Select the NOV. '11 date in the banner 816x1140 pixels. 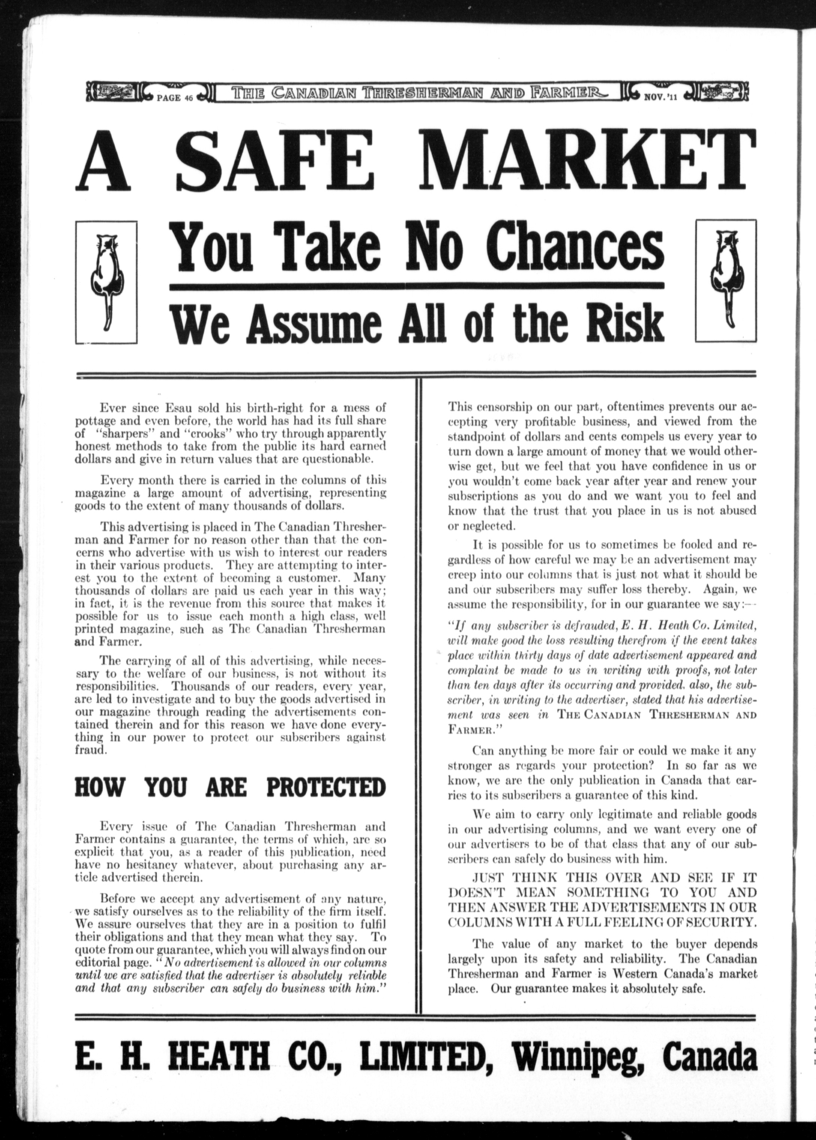pyautogui.click(x=661, y=97)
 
